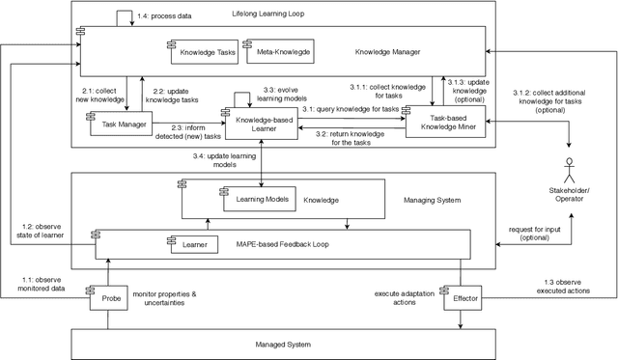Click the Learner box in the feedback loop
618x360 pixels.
tap(197, 244)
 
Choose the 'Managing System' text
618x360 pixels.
tap(431, 200)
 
